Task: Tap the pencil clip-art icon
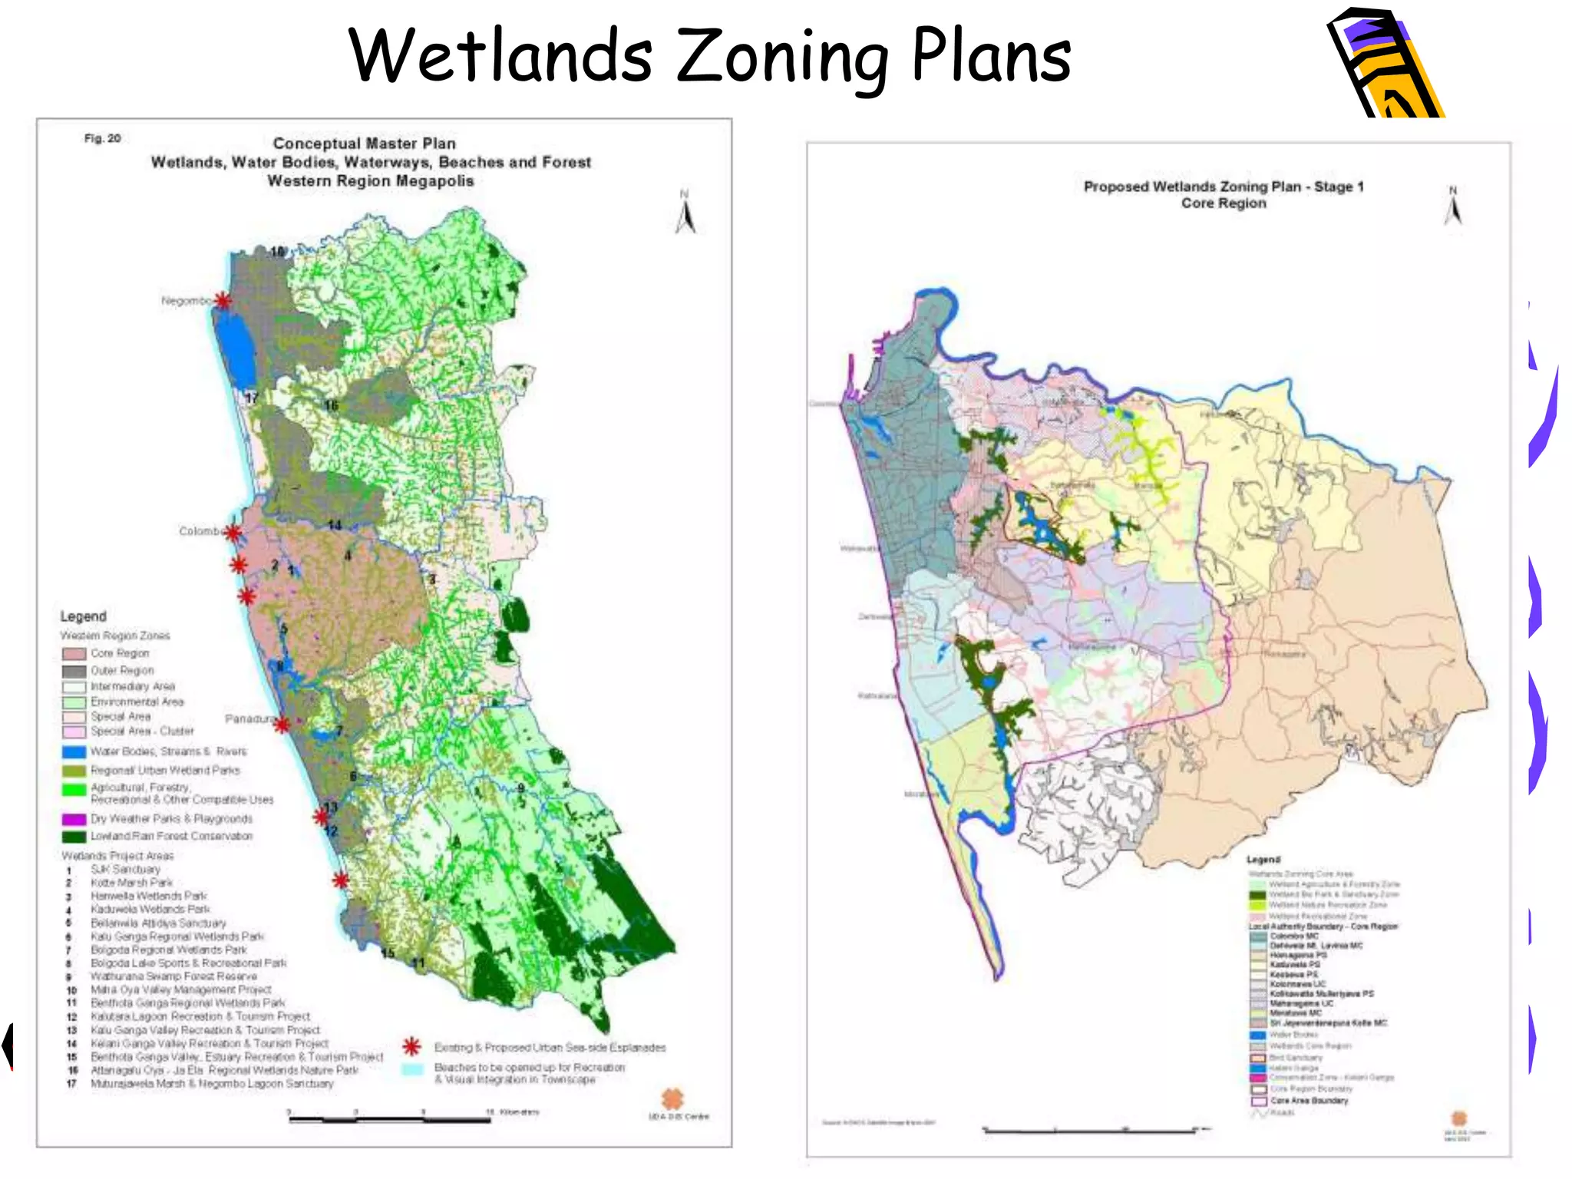coord(1385,65)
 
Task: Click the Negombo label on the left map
coord(186,301)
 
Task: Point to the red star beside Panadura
coord(282,724)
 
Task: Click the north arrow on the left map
coord(685,213)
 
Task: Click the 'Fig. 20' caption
coord(103,138)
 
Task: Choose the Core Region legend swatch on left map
coord(74,654)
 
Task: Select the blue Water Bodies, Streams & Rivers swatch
coord(74,751)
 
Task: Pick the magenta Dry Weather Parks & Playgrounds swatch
coord(74,819)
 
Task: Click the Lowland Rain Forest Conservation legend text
coord(171,836)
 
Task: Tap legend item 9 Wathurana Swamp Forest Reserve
coord(173,976)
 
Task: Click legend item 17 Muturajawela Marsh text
coord(212,1084)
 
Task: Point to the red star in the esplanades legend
coord(412,1047)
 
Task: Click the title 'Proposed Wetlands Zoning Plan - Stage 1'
coord(1224,187)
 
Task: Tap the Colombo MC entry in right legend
coord(1293,936)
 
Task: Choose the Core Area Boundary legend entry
coord(1308,1101)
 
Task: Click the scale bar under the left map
coord(389,1120)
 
